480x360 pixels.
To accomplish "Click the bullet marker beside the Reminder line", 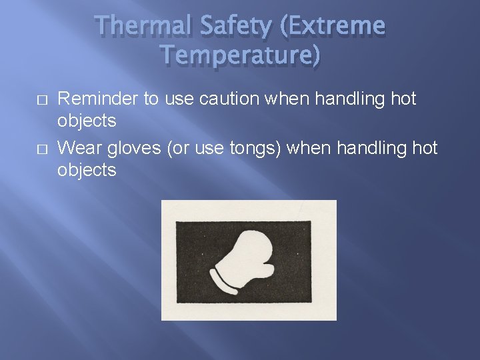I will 41,99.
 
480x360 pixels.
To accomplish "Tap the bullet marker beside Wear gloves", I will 41,148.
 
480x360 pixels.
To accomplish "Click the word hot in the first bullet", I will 403,99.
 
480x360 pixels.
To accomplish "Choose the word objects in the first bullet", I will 87,121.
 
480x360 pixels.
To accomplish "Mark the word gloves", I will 134,148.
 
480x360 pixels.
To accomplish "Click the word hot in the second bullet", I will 424,148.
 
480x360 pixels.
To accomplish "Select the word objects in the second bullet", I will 87,170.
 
